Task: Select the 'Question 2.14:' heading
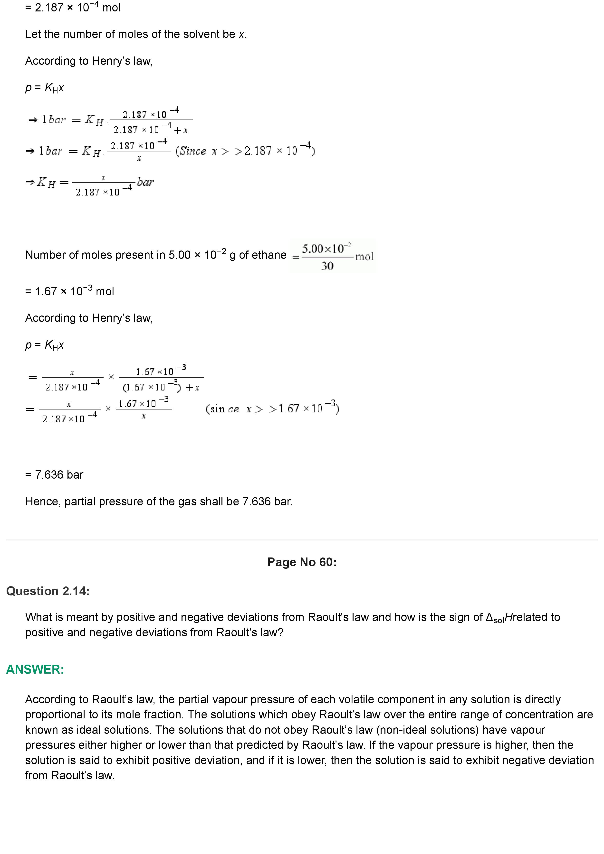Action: coord(48,591)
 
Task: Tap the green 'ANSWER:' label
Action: coord(35,669)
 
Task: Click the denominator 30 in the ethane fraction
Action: coord(327,266)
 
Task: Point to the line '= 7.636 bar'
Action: coord(54,475)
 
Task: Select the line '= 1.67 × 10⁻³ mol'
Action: coord(70,291)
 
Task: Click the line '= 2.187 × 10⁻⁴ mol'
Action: coord(73,8)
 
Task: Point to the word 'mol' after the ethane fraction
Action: coord(364,256)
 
